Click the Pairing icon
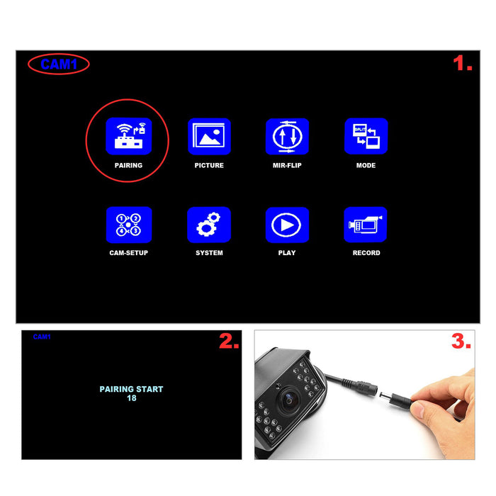(128, 136)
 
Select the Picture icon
(209, 136)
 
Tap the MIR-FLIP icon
(287, 136)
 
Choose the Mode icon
(366, 136)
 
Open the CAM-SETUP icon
(128, 225)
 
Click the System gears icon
(209, 225)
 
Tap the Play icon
(287, 225)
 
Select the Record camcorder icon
(366, 225)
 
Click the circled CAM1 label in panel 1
(58, 64)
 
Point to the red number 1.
(463, 64)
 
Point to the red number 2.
(228, 342)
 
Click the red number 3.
(461, 342)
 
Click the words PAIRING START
(131, 389)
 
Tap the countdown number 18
(131, 398)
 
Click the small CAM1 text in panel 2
(42, 337)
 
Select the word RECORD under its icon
(366, 253)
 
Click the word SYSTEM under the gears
(209, 253)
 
